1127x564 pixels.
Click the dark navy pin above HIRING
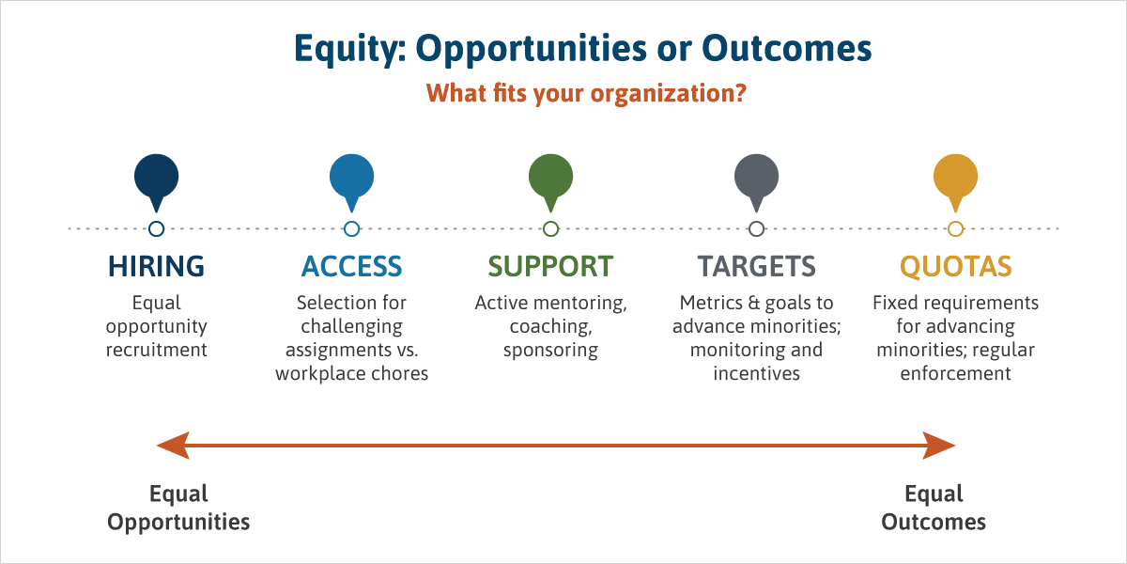coord(157,179)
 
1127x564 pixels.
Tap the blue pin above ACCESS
coord(351,179)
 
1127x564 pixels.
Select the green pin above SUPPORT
coord(551,179)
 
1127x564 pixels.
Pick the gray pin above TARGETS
coord(756,179)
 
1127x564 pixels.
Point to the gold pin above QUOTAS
coord(955,179)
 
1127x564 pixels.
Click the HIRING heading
coord(157,266)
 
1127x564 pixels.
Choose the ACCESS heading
coord(351,266)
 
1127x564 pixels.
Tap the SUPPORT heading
coord(551,266)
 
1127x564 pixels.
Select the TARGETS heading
coord(756,266)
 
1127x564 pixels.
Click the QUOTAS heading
coord(955,266)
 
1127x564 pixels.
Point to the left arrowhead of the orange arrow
coord(174,446)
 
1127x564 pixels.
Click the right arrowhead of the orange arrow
coord(939,446)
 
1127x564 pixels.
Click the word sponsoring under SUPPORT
coord(551,351)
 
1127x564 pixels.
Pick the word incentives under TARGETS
coord(756,374)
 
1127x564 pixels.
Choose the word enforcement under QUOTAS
coord(955,374)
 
